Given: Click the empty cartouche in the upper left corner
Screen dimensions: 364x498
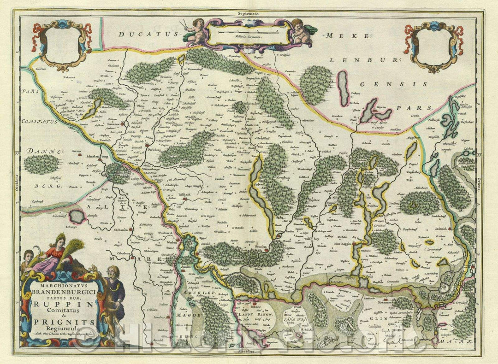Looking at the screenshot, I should point(60,46).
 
